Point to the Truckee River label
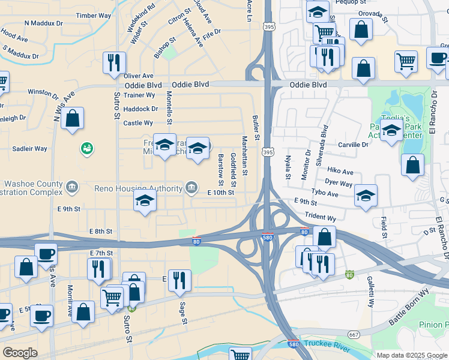325,344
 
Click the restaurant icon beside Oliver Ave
113,62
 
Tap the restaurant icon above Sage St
179,280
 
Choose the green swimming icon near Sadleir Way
86,148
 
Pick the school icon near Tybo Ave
365,195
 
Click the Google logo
20,353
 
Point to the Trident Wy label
320,217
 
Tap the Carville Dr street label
353,145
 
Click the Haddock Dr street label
140,109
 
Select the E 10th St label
220,193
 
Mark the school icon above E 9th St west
144,201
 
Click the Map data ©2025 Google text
411,355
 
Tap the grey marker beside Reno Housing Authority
191,188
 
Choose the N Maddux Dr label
43,23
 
